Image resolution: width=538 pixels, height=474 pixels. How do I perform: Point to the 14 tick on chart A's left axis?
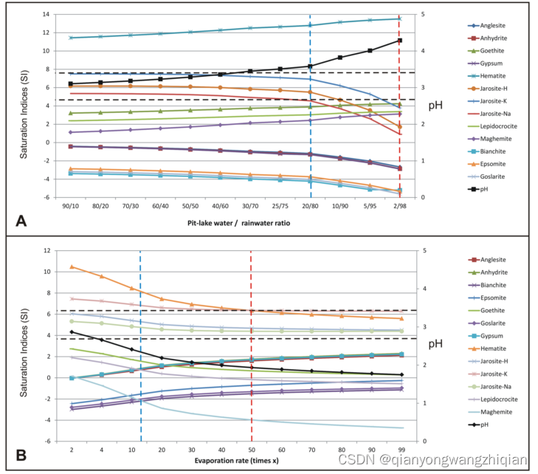click(x=45, y=15)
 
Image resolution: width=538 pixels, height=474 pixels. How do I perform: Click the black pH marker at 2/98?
click(x=399, y=41)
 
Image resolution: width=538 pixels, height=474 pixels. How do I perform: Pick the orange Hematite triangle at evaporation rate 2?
click(x=72, y=267)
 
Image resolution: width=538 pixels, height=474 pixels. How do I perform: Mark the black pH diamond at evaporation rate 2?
click(x=72, y=332)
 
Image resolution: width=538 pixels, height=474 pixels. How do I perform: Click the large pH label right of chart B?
click(x=435, y=344)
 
